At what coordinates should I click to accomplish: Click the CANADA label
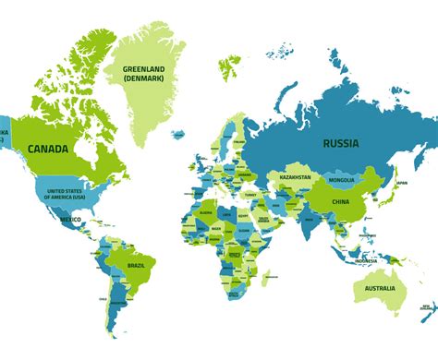(52, 148)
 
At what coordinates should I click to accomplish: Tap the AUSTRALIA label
(381, 289)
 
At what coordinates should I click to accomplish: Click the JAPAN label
(400, 183)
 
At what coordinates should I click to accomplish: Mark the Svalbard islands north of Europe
(228, 66)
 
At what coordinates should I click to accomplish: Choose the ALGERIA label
(207, 210)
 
